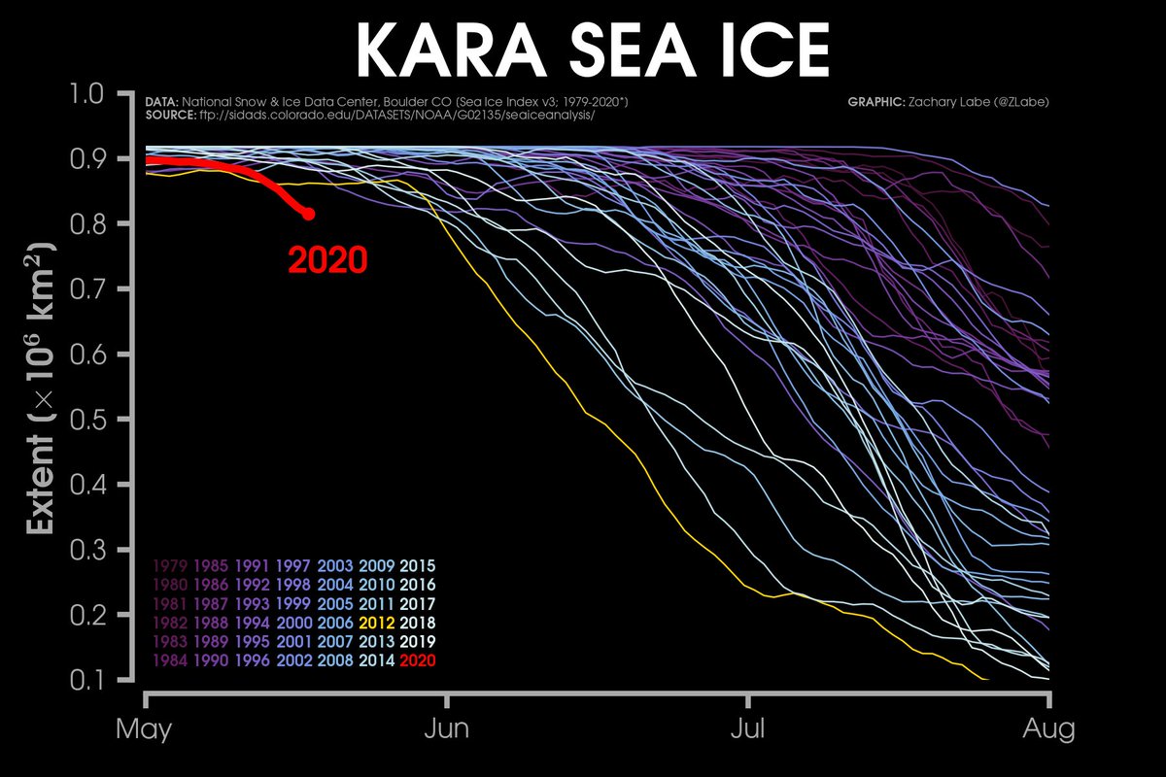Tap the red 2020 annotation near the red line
326,260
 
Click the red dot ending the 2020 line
308,214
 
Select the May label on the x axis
145,729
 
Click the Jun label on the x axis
447,729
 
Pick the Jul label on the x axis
748,729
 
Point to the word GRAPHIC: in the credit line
874,102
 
